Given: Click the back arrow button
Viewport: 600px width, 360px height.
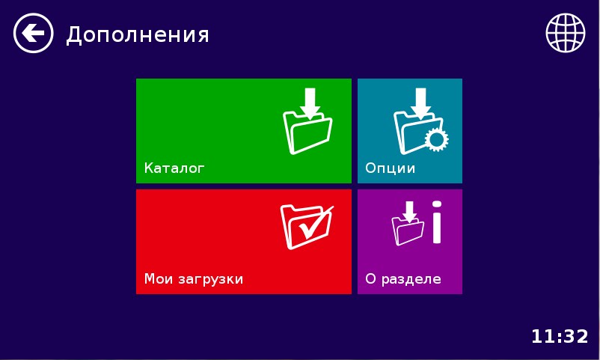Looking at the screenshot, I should (34, 34).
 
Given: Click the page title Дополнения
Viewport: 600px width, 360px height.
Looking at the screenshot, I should (138, 34).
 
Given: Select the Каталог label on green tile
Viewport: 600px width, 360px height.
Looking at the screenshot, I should (174, 168).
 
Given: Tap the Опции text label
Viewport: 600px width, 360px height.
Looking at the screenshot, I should (390, 168).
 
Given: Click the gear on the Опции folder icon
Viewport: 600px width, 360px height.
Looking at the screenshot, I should (436, 140).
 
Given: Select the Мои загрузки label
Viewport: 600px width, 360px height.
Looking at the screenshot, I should (194, 279).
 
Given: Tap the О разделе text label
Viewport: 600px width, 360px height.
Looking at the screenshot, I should (402, 279).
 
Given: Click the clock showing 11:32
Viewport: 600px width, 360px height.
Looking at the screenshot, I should (560, 336).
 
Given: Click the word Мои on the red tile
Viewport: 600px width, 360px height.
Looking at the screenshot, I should (158, 279).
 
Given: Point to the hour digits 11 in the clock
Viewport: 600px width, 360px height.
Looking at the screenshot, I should (542, 336).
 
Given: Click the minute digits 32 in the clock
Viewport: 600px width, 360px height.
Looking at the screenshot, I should (576, 336).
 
